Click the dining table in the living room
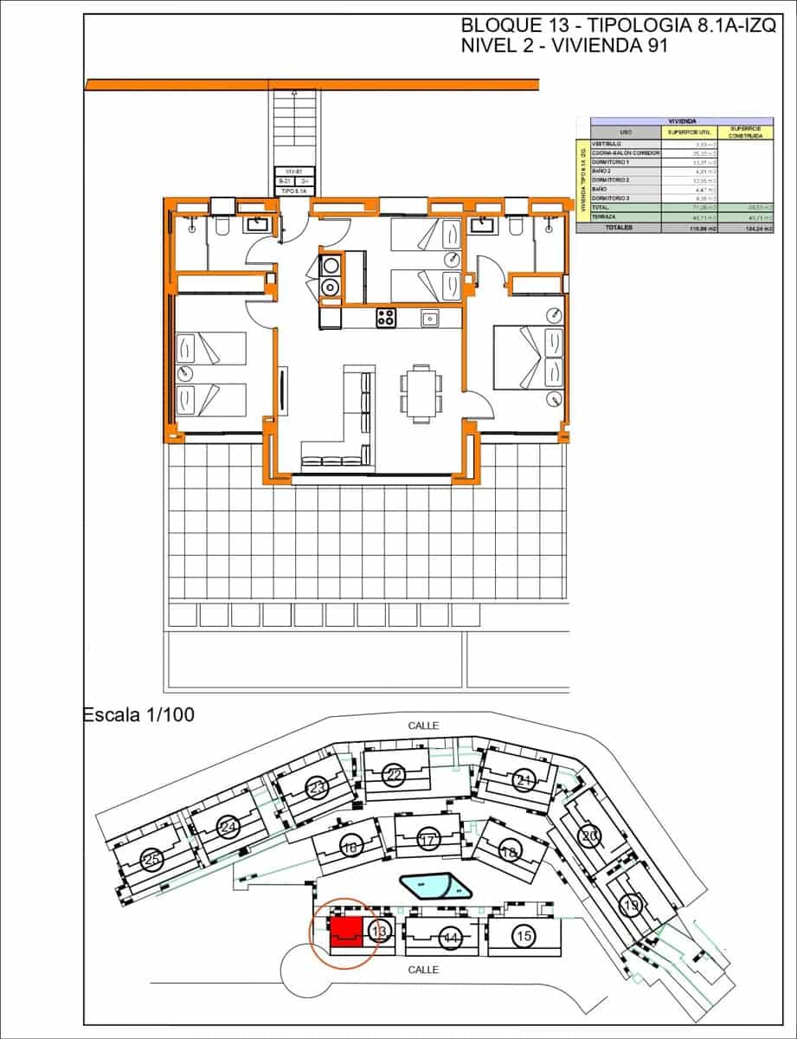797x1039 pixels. (421, 392)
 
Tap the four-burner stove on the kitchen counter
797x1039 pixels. (386, 318)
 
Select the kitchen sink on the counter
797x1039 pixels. (430, 319)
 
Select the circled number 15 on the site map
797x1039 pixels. (522, 936)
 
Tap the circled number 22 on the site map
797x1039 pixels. (395, 775)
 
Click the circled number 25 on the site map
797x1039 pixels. (152, 860)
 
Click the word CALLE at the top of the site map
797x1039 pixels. (424, 726)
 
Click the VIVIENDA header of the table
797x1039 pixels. (682, 122)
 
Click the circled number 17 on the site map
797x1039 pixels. (427, 839)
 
